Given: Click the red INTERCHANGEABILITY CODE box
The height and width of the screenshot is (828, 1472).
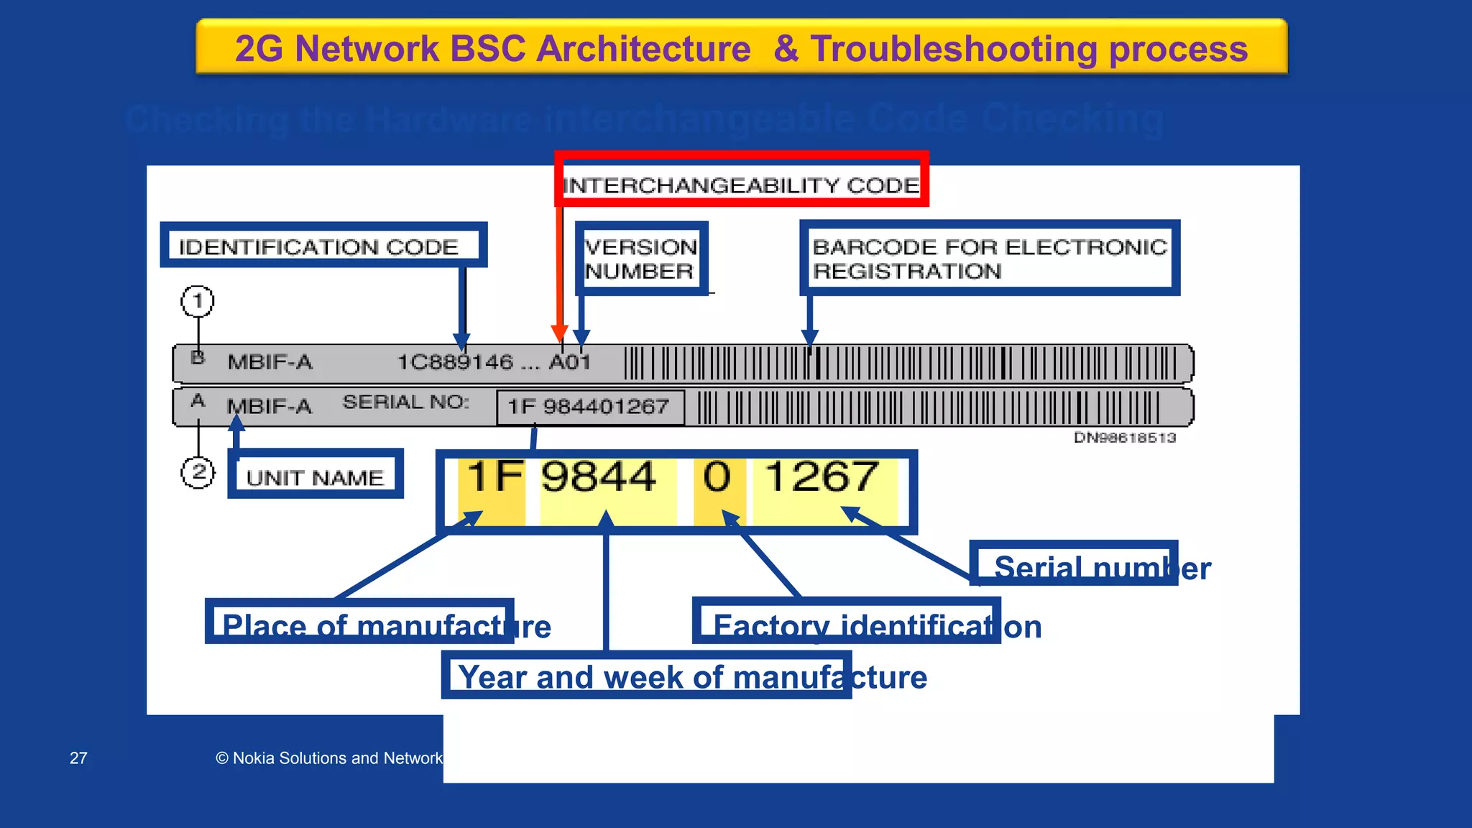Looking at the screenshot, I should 741,180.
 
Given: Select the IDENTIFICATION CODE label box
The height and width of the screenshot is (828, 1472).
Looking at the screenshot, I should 323,245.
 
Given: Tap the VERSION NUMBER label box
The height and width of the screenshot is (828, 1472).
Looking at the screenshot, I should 641,259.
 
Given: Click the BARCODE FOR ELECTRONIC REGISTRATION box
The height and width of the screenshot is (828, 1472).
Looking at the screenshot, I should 989,259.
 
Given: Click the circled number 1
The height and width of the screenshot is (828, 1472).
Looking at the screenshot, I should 198,301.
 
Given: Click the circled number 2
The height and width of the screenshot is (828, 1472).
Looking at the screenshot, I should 198,473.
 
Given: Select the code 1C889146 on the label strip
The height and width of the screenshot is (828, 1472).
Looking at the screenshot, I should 456,362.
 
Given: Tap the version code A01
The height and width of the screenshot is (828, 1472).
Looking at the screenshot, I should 570,362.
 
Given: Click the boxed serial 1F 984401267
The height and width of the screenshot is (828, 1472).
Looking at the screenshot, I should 589,407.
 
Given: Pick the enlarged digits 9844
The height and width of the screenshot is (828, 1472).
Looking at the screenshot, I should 599,477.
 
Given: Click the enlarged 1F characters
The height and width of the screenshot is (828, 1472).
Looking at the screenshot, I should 495,477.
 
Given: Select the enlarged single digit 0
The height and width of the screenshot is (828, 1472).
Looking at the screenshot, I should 717,477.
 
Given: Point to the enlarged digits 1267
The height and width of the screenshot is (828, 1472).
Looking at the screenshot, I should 822,477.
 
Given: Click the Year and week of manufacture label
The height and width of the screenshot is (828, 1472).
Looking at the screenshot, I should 691,676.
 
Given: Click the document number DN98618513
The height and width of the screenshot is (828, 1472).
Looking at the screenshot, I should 1124,438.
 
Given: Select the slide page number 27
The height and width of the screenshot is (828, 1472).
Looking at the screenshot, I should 78,758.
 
